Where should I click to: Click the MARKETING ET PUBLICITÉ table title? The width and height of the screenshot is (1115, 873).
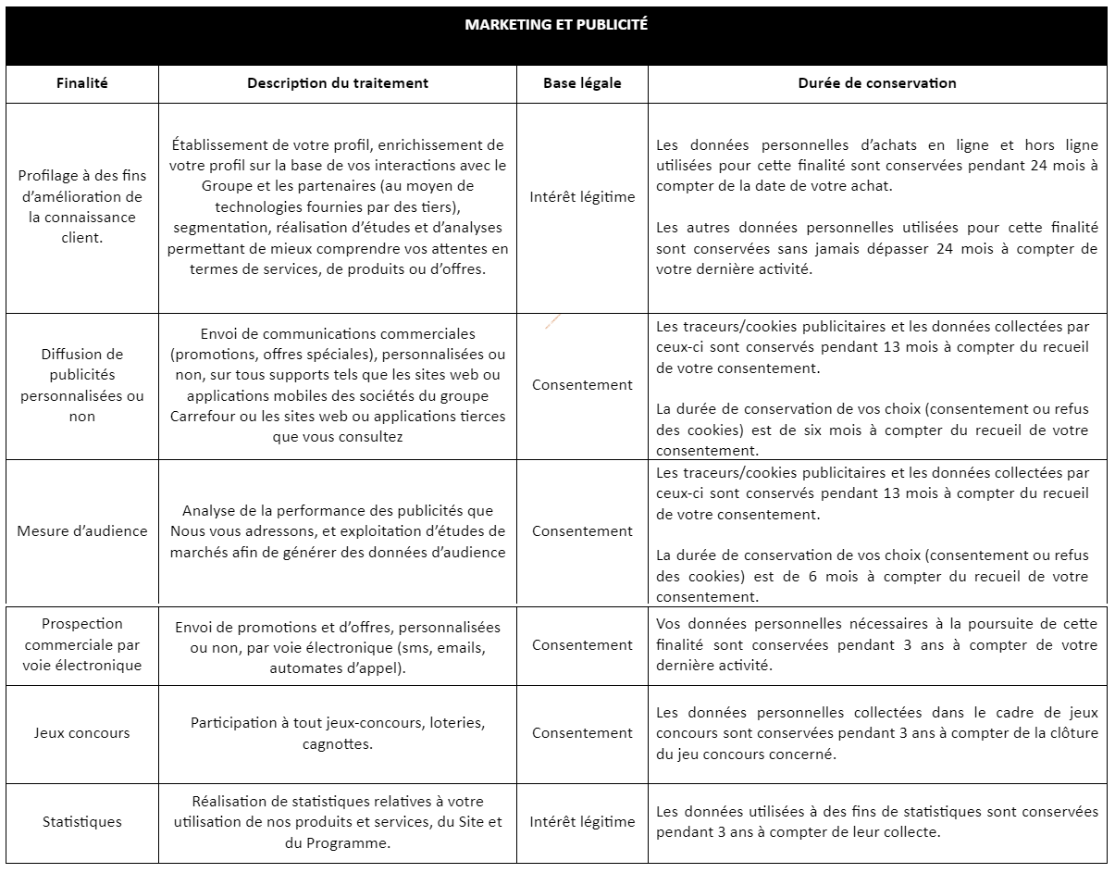(556, 26)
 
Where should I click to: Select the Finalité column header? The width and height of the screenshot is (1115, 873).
(81, 83)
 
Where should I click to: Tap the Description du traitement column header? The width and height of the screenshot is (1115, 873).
(338, 83)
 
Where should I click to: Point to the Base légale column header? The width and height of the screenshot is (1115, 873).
(582, 83)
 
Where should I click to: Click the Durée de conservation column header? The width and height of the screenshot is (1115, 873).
(876, 83)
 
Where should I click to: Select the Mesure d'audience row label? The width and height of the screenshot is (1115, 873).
(81, 531)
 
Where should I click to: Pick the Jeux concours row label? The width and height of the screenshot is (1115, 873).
(81, 733)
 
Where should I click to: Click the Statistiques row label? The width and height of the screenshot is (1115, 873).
(81, 822)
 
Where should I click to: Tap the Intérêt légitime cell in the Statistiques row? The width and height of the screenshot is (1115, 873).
(582, 822)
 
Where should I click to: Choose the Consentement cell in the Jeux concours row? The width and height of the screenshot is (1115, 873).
(582, 733)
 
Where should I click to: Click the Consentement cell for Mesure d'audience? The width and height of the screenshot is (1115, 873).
(582, 531)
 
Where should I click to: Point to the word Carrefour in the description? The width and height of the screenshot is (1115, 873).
(201, 417)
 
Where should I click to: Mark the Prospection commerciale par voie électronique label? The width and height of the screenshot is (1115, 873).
(81, 644)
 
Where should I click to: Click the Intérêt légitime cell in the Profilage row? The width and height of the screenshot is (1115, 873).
(582, 197)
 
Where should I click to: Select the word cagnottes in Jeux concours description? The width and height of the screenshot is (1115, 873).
(338, 744)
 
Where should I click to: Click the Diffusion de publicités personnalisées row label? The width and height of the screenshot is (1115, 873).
(81, 385)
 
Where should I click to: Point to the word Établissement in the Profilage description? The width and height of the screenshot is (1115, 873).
(219, 145)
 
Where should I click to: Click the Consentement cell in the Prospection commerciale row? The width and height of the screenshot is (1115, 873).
(582, 645)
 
